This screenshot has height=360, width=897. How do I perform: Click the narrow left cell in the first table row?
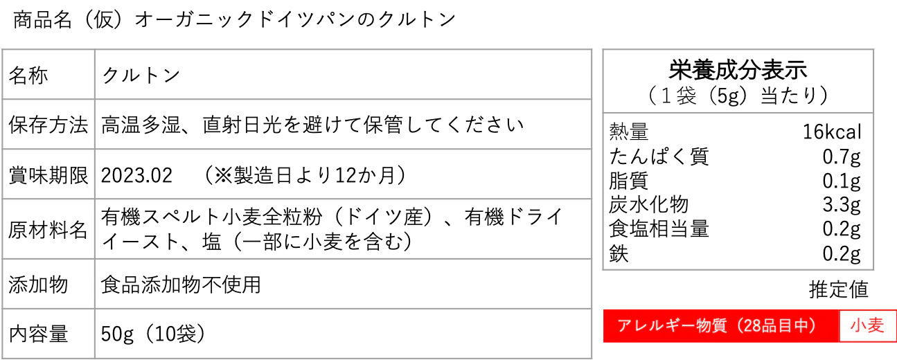(x=47, y=74)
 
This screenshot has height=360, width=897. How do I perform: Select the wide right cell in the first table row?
(x=344, y=74)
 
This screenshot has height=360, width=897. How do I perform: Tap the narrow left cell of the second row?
(x=47, y=125)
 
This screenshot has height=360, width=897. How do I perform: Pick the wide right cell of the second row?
(x=344, y=125)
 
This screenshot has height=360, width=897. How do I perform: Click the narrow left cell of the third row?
(x=47, y=174)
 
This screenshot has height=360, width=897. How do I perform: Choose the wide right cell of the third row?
(x=344, y=174)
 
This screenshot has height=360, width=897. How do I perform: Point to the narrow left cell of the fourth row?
(x=47, y=230)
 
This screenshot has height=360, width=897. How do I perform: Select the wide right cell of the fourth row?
(x=344, y=230)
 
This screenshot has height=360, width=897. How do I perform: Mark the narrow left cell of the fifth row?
(x=47, y=282)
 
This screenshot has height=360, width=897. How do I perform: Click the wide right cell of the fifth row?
(x=344, y=282)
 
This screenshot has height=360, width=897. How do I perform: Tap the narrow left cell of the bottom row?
(x=47, y=332)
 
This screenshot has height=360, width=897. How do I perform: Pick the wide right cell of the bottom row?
(x=344, y=332)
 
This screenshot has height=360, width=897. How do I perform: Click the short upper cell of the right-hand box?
(x=737, y=83)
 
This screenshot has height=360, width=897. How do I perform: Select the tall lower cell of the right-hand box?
(x=737, y=191)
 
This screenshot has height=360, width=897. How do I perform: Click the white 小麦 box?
(x=867, y=325)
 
